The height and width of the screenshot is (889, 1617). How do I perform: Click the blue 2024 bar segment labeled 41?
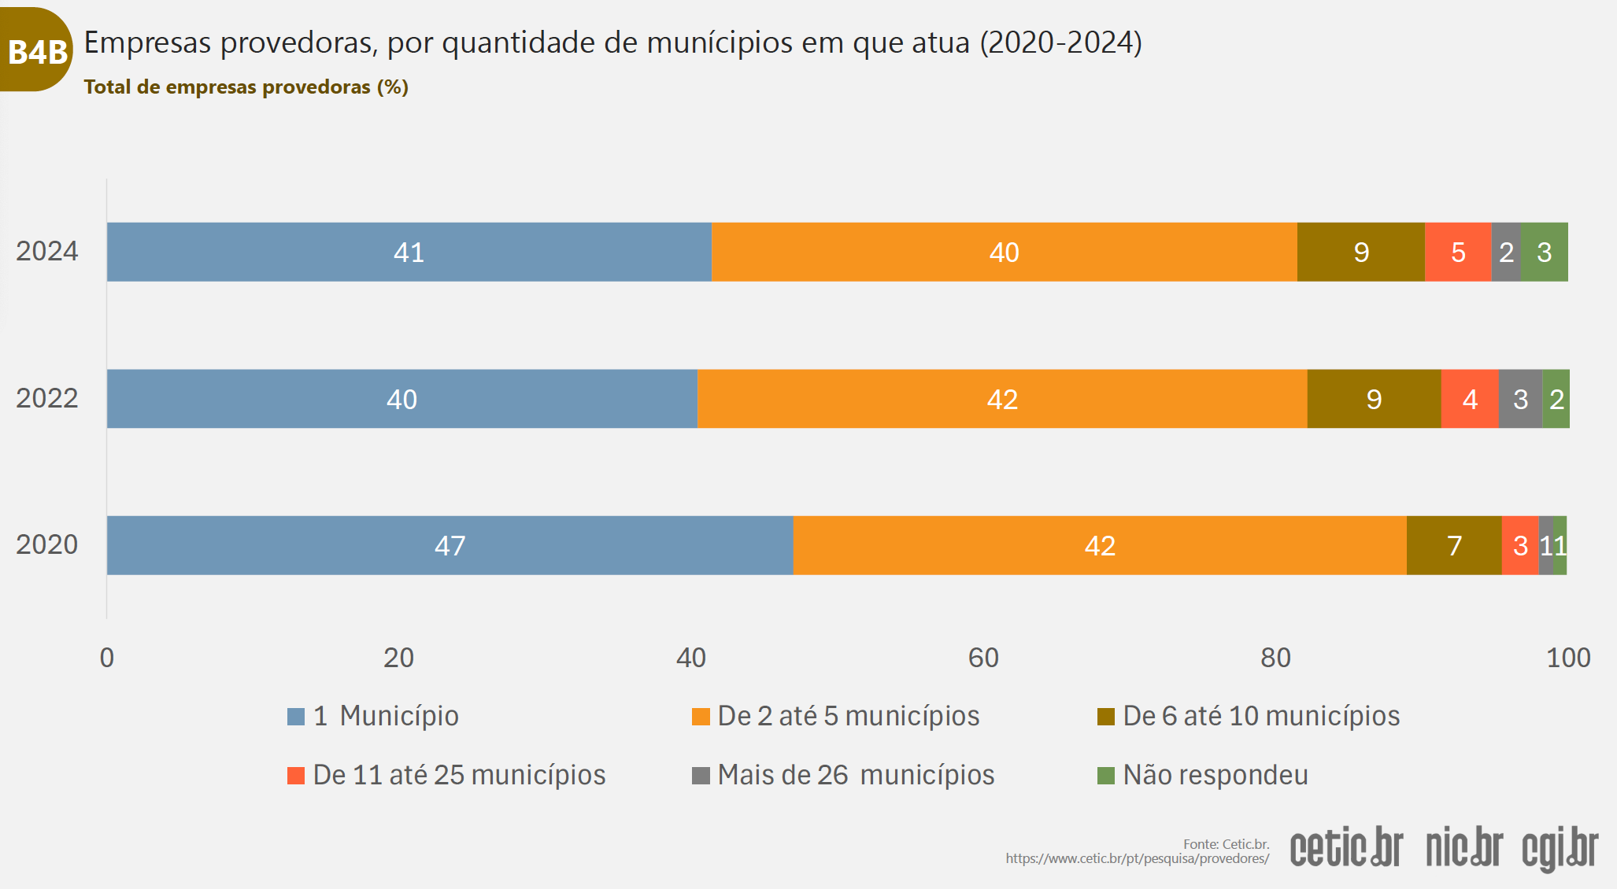coord(409,252)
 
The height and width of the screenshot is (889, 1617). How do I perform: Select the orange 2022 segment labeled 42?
coord(1002,399)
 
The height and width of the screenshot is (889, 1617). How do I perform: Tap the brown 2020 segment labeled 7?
coord(1454,545)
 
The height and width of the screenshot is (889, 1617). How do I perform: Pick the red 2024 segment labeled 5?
coord(1458,252)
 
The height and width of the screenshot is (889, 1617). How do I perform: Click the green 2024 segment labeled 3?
coord(1544,252)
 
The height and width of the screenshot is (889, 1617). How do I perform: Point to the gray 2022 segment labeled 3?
coord(1520,399)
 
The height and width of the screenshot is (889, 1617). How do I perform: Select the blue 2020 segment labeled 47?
coord(450,545)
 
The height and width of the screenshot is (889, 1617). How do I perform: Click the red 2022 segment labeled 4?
coord(1470,399)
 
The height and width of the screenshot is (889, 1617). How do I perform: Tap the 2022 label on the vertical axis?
coord(47,398)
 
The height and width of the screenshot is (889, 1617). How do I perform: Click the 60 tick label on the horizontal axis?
coord(983,658)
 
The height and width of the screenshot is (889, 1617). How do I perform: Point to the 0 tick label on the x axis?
coord(107,658)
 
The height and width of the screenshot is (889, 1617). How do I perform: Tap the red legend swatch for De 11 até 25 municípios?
coord(296,776)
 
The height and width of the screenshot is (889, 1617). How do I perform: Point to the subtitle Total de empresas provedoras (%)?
coord(246,87)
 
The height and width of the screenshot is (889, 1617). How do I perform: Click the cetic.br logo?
coord(1346,847)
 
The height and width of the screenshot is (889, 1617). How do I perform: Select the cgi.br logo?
coord(1560,848)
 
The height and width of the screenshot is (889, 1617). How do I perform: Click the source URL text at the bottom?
coord(1137,858)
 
